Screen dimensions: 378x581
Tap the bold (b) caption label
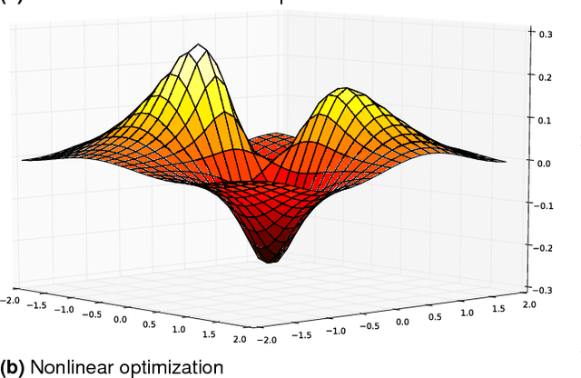point(13,367)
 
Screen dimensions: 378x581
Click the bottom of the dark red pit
point(269,261)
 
